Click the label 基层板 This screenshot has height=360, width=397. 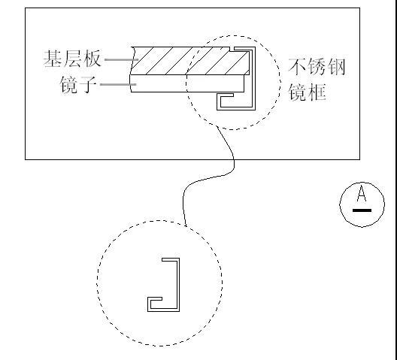click(x=73, y=59)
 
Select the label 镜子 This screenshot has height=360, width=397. click(x=78, y=84)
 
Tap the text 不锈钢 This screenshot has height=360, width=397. click(x=317, y=66)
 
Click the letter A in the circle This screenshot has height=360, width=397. click(x=362, y=195)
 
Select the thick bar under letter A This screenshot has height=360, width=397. click(x=362, y=211)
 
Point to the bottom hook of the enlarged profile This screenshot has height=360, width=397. click(x=159, y=304)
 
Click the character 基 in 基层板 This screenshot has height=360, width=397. click(x=53, y=59)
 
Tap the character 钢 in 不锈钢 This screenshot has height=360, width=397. click(x=336, y=66)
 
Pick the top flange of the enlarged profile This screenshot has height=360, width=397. click(x=171, y=260)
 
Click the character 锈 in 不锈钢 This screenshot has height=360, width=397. click(x=317, y=66)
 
